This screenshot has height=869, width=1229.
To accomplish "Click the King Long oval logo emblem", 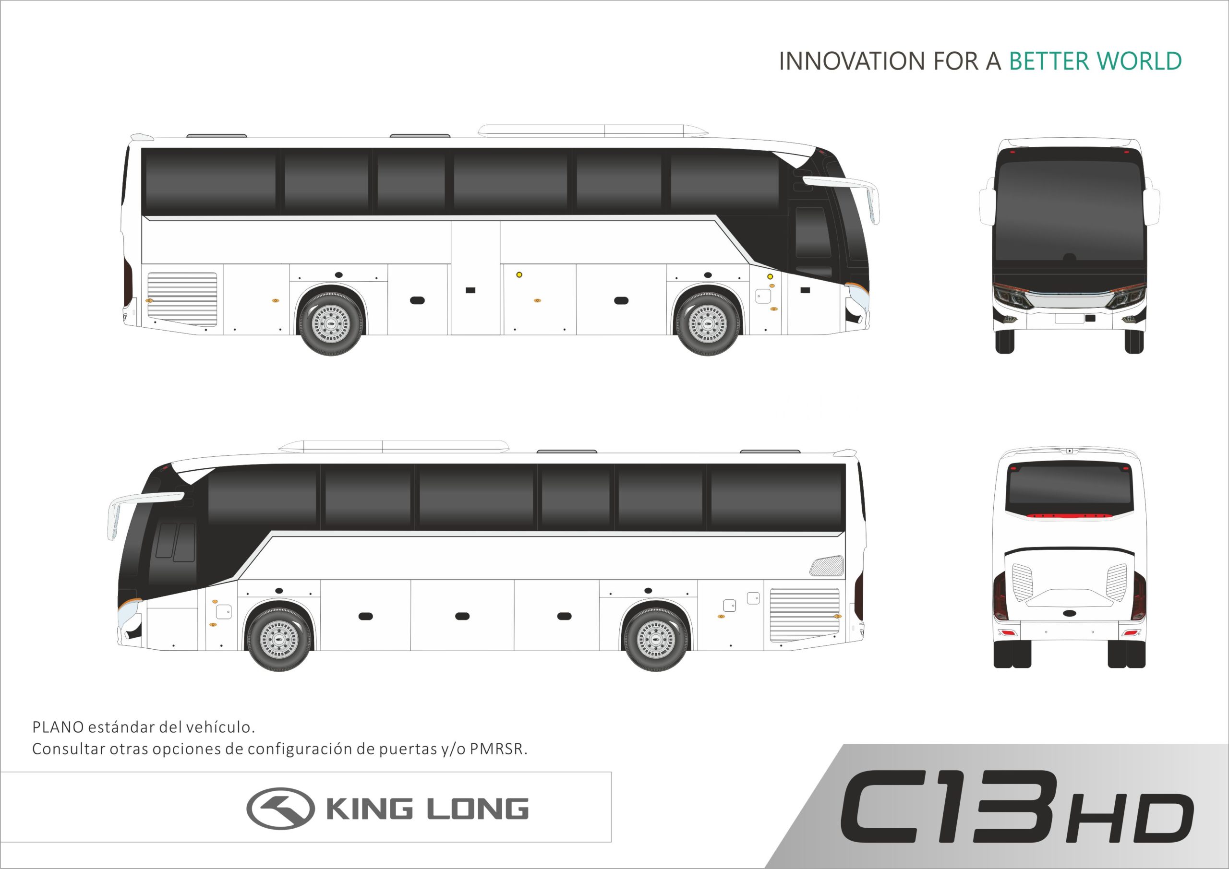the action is pos(280,809).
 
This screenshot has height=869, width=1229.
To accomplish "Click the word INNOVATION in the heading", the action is pos(852,61).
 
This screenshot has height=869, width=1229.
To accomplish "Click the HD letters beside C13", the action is pos(1131,819).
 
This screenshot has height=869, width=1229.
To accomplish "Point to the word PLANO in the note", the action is pos(58,727).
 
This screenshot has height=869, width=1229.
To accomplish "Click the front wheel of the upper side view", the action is pos(708,324).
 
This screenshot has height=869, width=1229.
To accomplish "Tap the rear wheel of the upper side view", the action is pos(331,324).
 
